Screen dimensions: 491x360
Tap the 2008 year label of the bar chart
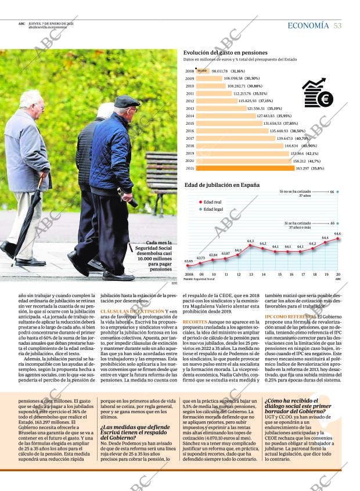click(x=189, y=71)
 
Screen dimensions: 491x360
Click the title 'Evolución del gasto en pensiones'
click(x=226, y=52)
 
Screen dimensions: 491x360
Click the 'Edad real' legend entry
click(x=212, y=202)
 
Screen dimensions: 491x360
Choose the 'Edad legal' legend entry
click(x=213, y=209)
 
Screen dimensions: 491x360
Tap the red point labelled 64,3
click(x=250, y=245)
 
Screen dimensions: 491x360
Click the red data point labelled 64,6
click(x=338, y=238)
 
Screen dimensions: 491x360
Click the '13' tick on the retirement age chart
click(x=250, y=274)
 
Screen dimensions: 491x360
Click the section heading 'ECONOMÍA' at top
click(x=308, y=26)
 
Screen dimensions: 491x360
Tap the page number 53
click(x=337, y=26)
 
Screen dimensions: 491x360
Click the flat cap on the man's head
click(x=126, y=102)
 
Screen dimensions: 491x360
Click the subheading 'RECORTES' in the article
click(x=195, y=322)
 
